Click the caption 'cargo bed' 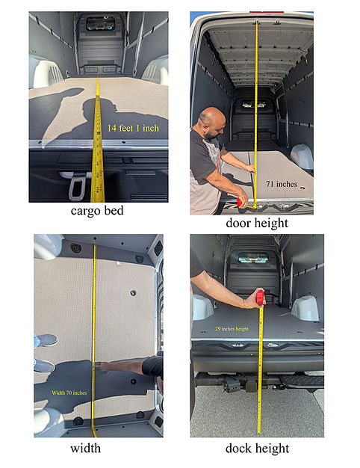[97, 211]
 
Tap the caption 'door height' [257, 224]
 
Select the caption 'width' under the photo [85, 449]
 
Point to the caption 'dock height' [257, 449]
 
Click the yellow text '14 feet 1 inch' [133, 128]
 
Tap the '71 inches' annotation [282, 184]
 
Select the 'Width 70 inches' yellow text [69, 392]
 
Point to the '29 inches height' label [232, 329]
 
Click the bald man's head [211, 123]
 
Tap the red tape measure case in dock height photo [261, 298]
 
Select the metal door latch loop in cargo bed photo [77, 188]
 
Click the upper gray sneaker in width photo [47, 341]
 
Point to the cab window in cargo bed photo [100, 24]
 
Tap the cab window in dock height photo [253, 259]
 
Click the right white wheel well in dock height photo [305, 308]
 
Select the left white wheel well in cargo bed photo [45, 72]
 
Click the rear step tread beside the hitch [302, 381]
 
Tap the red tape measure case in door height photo [241, 203]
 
